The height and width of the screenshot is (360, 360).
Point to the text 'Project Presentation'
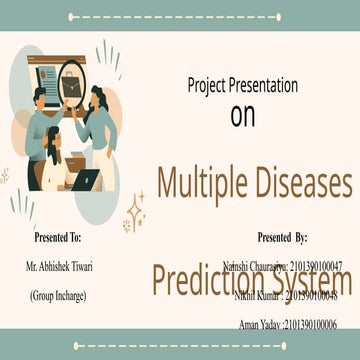[242, 85]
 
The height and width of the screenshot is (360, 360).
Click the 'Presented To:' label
[58, 238]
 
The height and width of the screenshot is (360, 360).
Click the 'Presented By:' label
[281, 238]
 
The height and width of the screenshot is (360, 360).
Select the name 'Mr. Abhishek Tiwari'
[58, 267]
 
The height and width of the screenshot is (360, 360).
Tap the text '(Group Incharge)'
[58, 296]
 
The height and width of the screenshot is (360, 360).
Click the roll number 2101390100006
[310, 325]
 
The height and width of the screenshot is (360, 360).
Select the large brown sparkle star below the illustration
[134, 215]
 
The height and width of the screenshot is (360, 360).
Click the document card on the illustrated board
[45, 74]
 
